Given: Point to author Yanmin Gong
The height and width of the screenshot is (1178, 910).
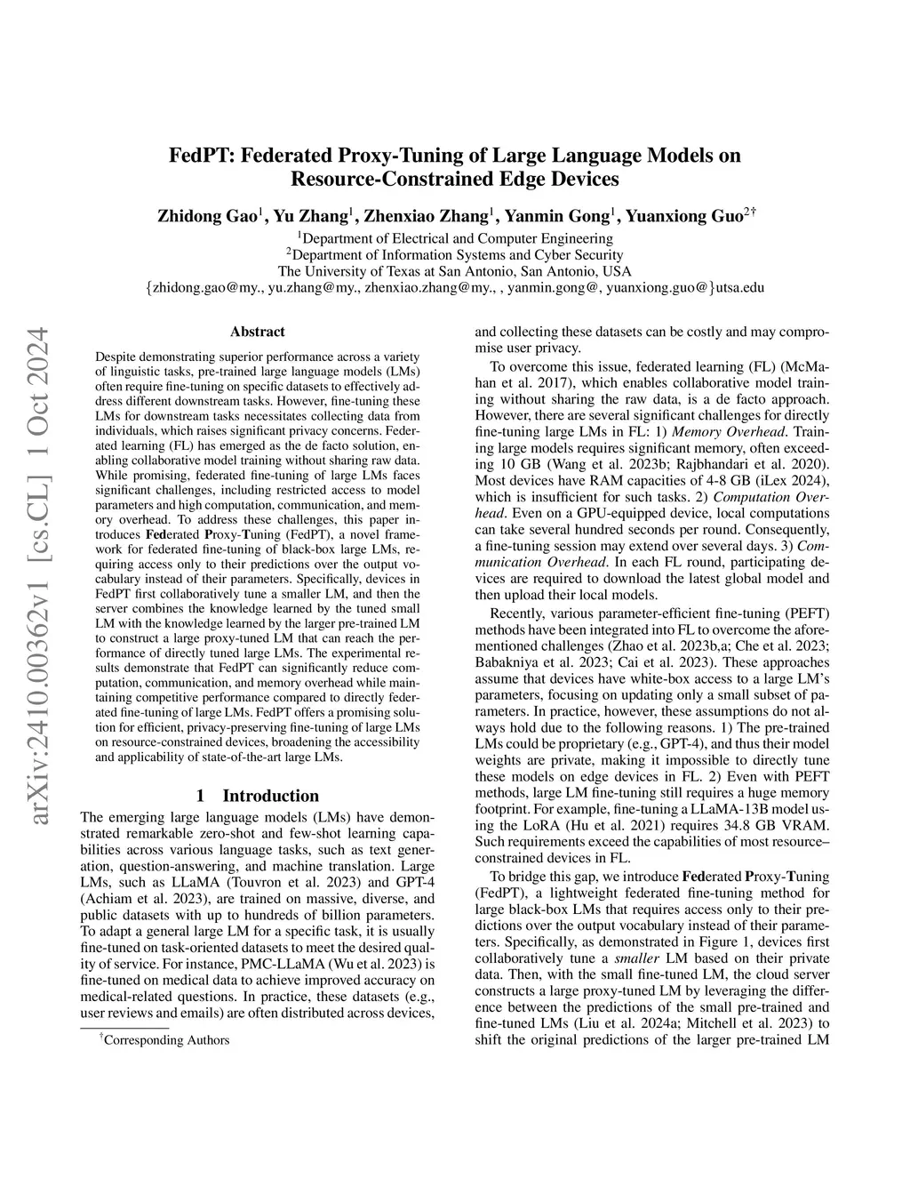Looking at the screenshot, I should [556, 216].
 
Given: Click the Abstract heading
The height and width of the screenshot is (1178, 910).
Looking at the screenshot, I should [257, 332].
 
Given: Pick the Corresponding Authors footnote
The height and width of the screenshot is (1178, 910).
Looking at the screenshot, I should [166, 1039].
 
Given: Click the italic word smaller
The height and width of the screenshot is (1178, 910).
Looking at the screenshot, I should [630, 958].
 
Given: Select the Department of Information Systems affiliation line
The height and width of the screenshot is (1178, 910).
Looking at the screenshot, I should [454, 254].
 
